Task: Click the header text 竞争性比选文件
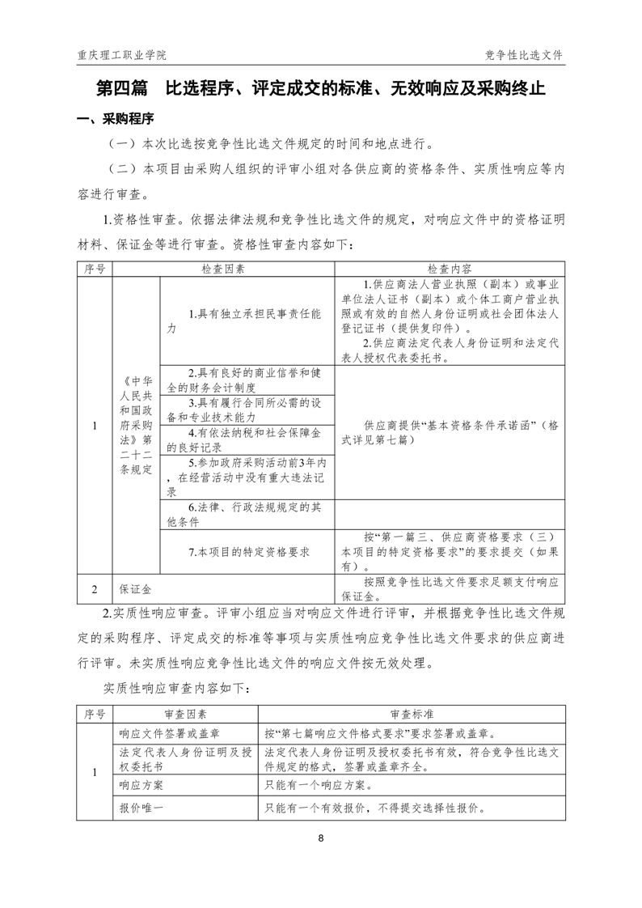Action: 523,55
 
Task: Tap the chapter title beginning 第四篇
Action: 320,88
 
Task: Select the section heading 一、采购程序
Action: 115,121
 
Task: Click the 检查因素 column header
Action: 223,269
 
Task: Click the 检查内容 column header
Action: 450,269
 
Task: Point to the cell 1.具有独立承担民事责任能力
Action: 247,320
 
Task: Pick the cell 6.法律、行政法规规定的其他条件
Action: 247,515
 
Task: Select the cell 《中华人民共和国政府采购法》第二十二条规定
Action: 136,426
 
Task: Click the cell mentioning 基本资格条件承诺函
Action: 450,432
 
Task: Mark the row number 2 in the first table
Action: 95,588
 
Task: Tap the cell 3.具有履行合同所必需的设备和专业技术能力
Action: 247,409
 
